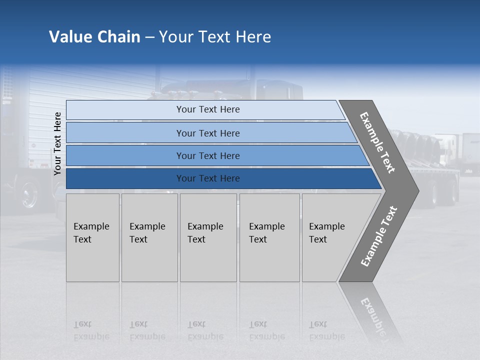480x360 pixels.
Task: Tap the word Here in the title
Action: (x=253, y=37)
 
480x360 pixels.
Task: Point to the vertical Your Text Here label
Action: (x=57, y=143)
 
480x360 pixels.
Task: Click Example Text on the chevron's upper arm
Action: (x=377, y=142)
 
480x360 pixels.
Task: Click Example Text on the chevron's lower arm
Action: (x=379, y=236)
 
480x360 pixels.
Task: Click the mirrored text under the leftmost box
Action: (x=91, y=330)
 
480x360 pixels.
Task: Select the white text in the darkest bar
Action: (x=208, y=178)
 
